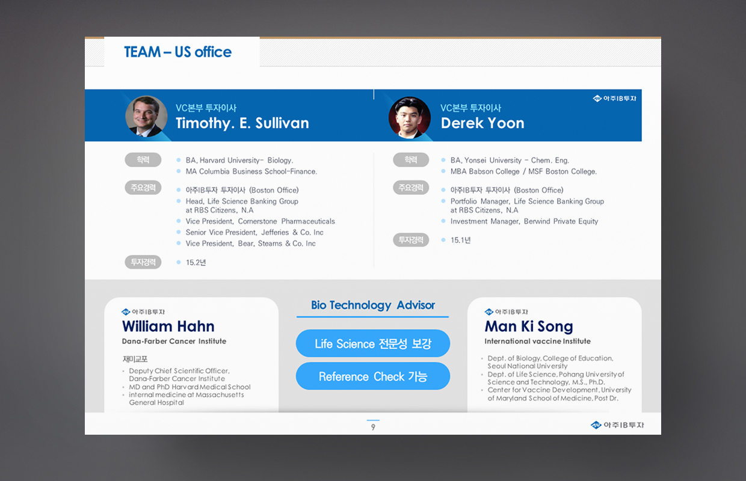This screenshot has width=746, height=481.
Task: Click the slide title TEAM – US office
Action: [x=178, y=52]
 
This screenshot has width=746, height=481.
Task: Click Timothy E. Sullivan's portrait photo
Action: [x=146, y=116]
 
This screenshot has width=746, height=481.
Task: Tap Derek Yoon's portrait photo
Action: [x=410, y=117]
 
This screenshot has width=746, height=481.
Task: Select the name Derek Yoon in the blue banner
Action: [x=482, y=123]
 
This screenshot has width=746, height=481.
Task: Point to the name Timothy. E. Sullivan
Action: [x=242, y=123]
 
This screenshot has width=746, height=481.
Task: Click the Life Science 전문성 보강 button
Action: [x=373, y=343]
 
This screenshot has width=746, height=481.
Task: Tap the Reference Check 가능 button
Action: [x=373, y=376]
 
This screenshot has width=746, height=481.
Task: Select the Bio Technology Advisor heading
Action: [x=373, y=305]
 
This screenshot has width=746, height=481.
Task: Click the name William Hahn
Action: [x=168, y=326]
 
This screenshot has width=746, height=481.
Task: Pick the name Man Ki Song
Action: [x=529, y=326]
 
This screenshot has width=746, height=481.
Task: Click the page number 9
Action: [x=373, y=427]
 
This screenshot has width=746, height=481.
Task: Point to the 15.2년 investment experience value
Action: [x=196, y=263]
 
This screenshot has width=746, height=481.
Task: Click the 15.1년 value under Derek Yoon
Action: [x=461, y=240]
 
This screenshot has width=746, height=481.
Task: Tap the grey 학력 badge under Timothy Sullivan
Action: [x=143, y=160]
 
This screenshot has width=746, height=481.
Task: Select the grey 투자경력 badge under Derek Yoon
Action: [x=411, y=240]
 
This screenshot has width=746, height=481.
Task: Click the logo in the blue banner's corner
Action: [x=614, y=99]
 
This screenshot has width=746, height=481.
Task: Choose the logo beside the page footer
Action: [x=617, y=425]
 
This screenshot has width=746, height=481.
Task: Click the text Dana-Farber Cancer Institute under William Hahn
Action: [x=174, y=341]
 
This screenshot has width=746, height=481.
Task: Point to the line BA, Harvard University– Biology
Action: [x=239, y=161]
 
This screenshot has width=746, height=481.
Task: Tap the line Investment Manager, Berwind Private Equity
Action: [x=524, y=221]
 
